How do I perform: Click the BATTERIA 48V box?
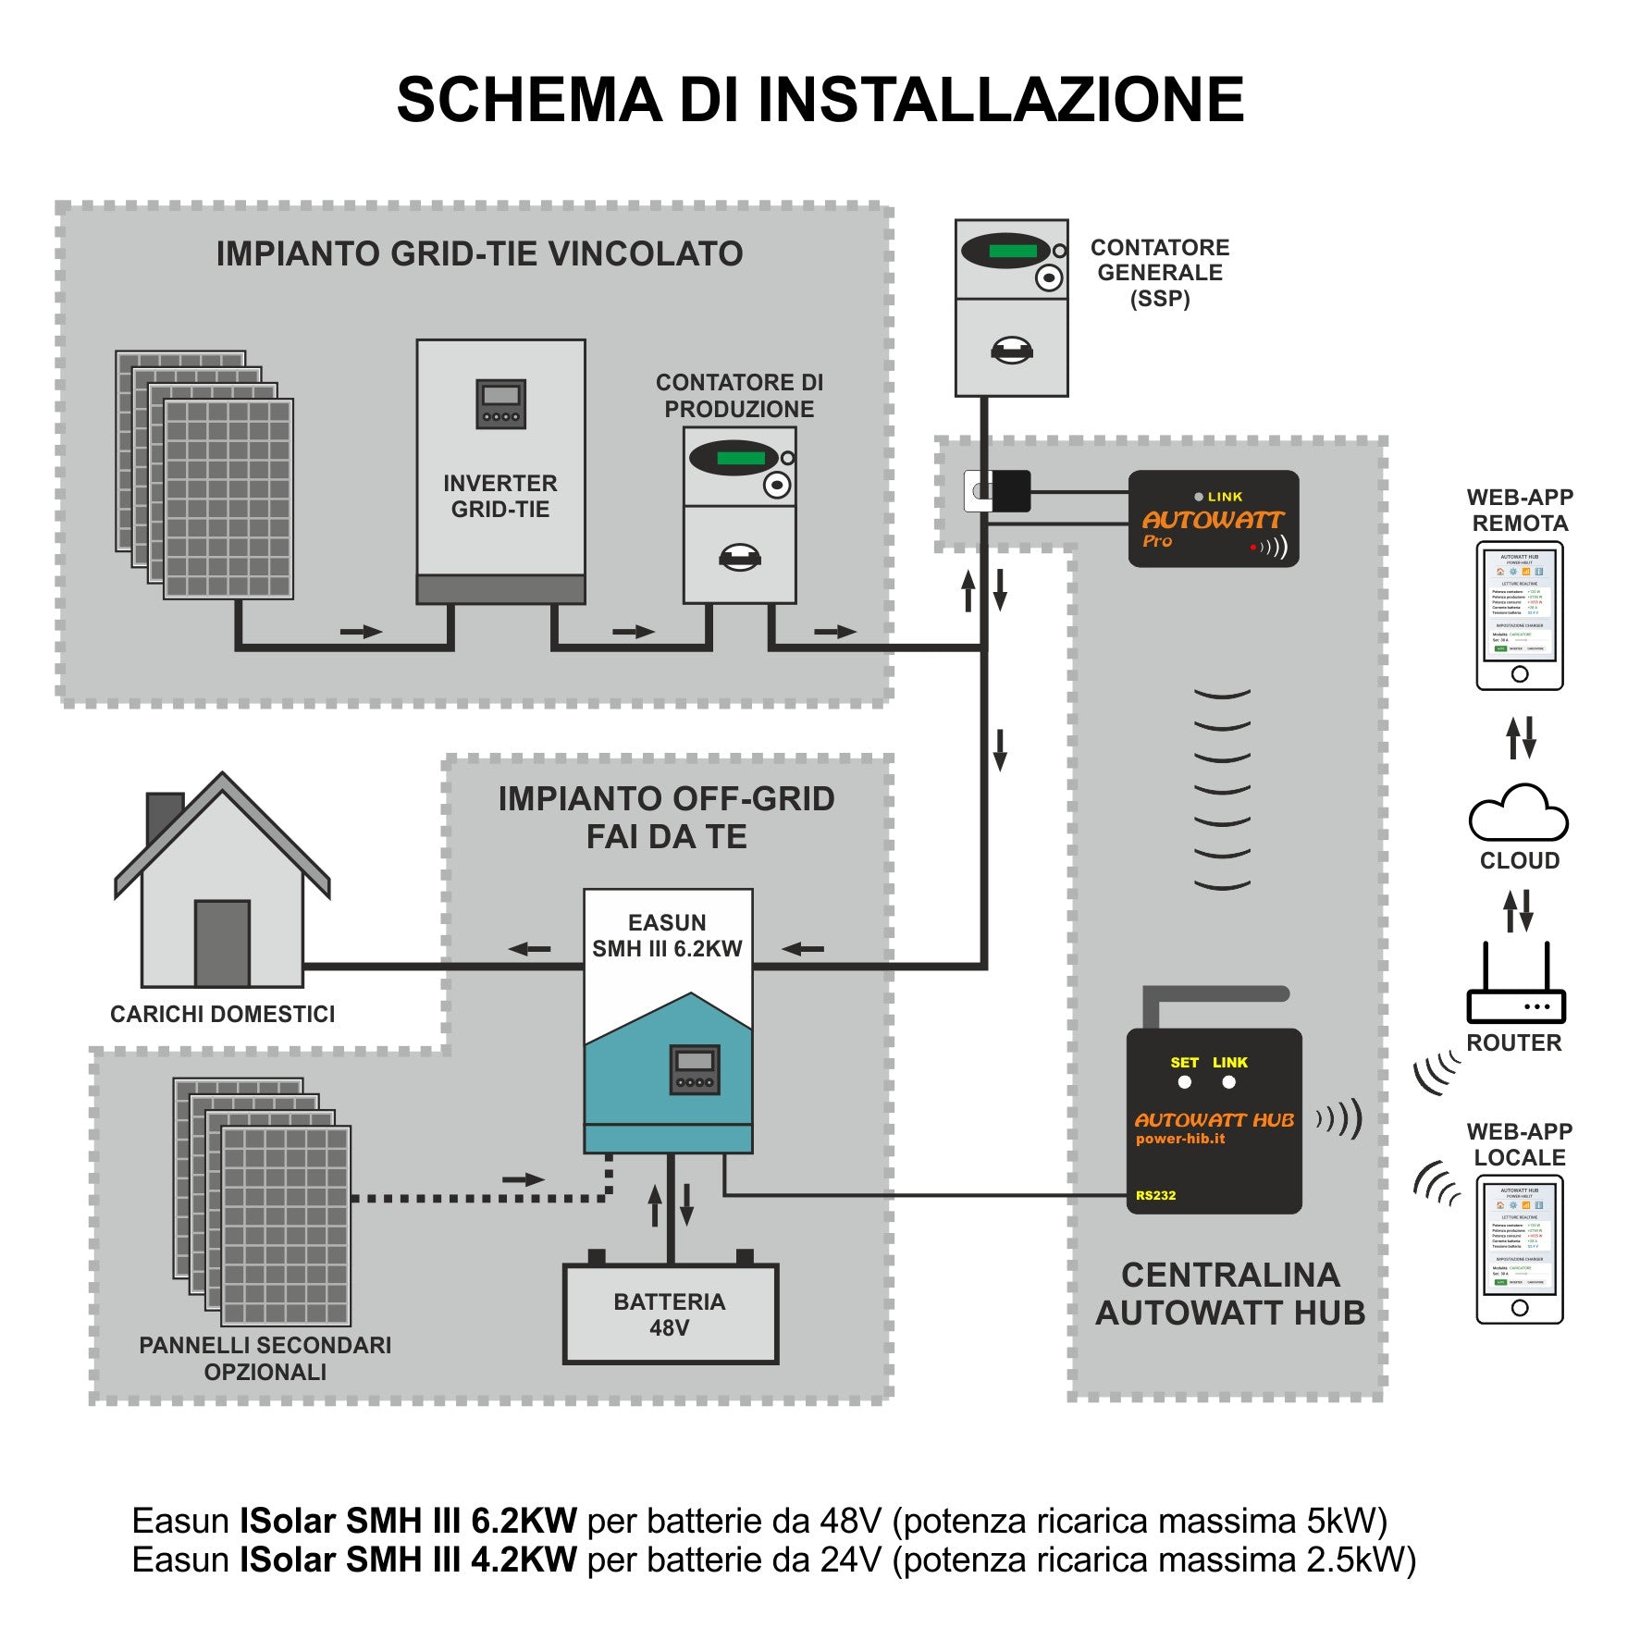pyautogui.click(x=670, y=1313)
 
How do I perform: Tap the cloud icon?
pyautogui.click(x=1518, y=813)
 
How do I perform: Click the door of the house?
pyautogui.click(x=222, y=943)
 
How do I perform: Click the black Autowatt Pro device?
pyautogui.click(x=1213, y=519)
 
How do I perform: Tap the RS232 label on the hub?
pyautogui.click(x=1155, y=1195)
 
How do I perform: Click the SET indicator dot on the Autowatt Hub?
pyautogui.click(x=1184, y=1082)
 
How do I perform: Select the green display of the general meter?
pyautogui.click(x=1012, y=251)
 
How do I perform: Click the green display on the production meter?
pyautogui.click(x=740, y=458)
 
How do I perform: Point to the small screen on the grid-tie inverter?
pyautogui.click(x=500, y=403)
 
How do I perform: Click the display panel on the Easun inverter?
pyautogui.click(x=695, y=1069)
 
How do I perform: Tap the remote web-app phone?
pyautogui.click(x=1519, y=615)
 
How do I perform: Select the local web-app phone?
pyautogui.click(x=1519, y=1249)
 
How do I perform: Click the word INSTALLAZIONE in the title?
pyautogui.click(x=1001, y=100)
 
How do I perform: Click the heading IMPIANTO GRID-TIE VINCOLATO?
pyautogui.click(x=479, y=253)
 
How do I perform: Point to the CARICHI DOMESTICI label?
pyautogui.click(x=222, y=1014)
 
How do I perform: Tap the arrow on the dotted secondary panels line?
pyautogui.click(x=523, y=1179)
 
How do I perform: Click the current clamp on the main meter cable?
pyautogui.click(x=999, y=490)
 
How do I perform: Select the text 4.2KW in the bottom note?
pyautogui.click(x=524, y=1560)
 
